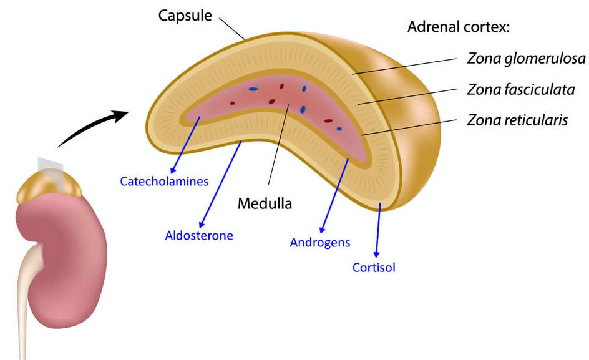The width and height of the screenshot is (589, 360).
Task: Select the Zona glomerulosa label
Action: [526, 59]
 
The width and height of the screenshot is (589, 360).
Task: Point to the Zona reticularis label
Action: [517, 120]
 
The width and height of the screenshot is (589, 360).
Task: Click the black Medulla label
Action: [265, 203]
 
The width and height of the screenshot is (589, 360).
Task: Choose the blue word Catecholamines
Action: [164, 182]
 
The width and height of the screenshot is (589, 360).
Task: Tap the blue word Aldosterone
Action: [199, 235]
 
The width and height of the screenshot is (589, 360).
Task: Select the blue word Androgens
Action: [320, 242]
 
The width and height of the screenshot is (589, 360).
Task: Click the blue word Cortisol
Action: [374, 268]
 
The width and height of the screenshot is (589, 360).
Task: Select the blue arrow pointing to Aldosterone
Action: [220, 184]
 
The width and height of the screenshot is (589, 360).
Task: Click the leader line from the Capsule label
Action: [231, 28]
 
